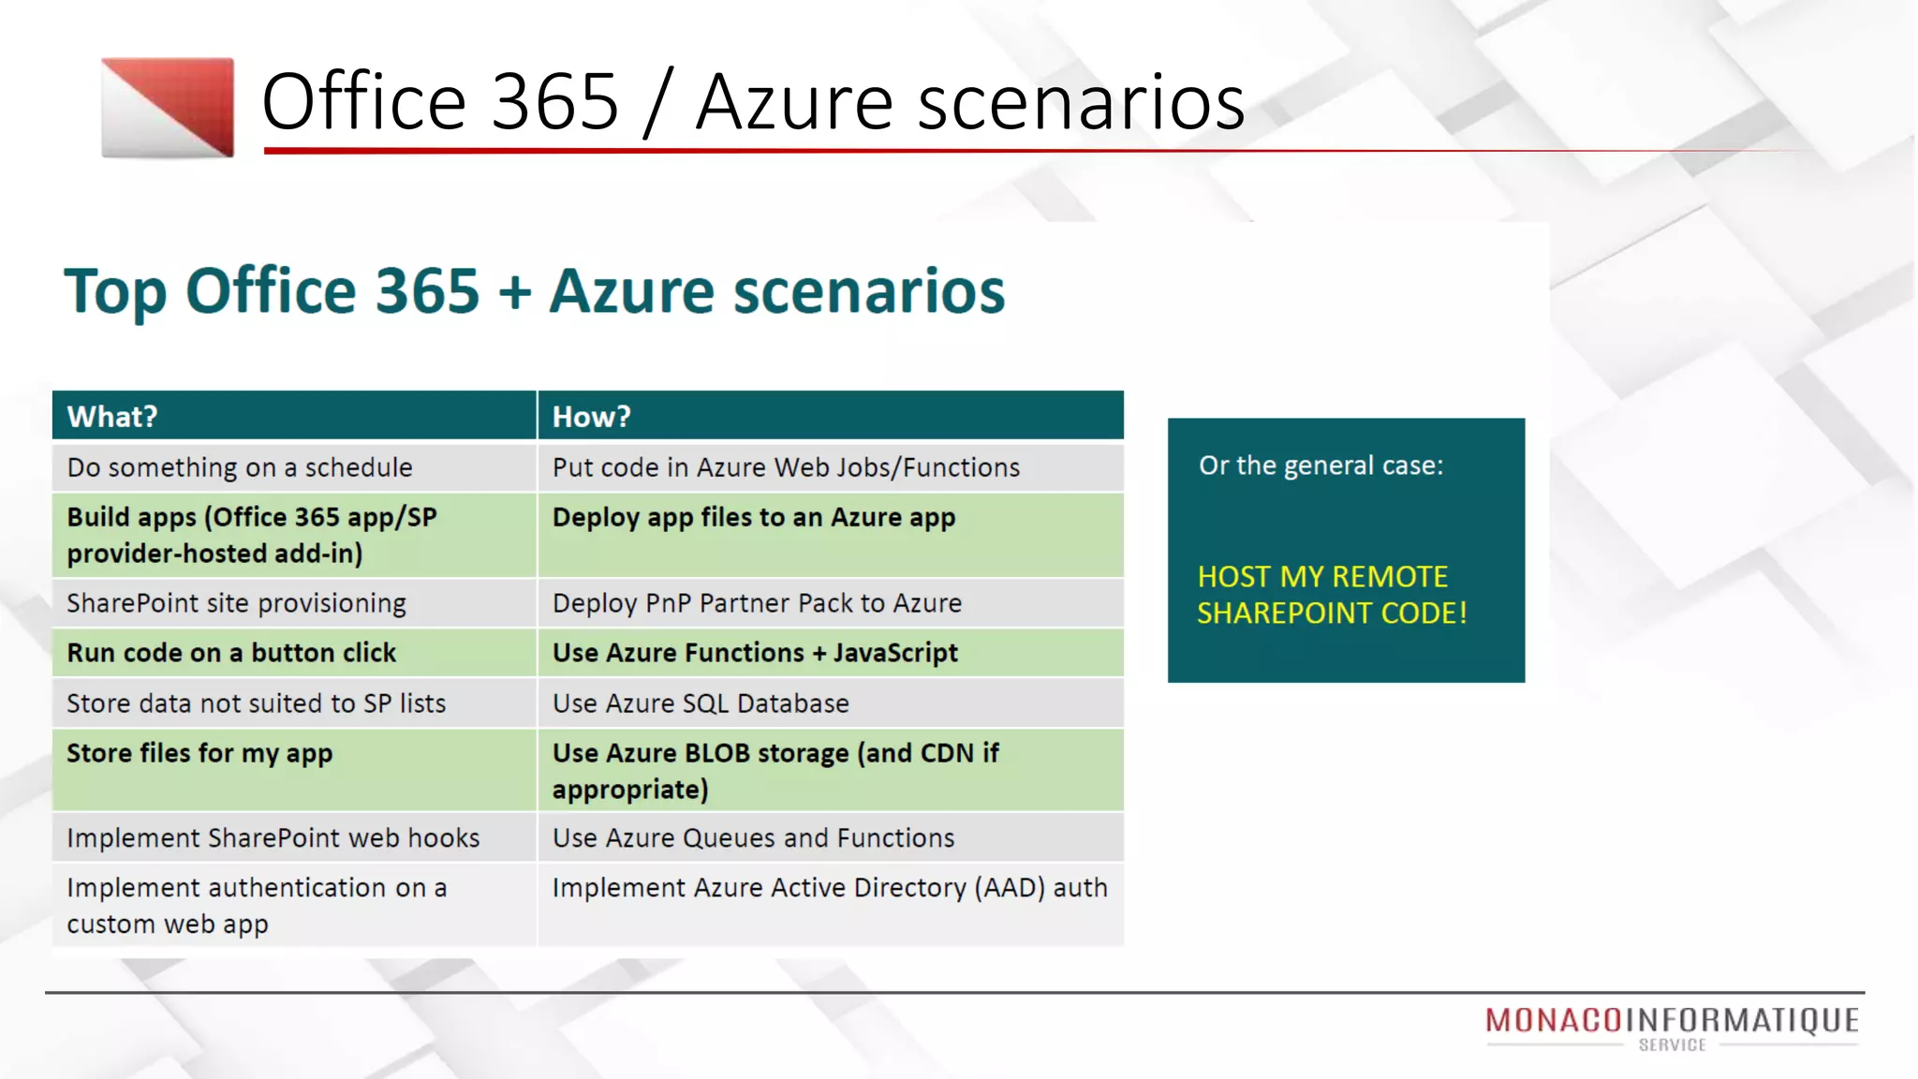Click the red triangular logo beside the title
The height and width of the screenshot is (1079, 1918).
point(169,107)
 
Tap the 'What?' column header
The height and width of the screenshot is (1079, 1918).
point(112,417)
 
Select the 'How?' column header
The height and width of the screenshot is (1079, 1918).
point(592,417)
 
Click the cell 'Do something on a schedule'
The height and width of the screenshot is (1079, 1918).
point(240,467)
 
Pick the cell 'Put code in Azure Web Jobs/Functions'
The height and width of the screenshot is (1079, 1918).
point(786,467)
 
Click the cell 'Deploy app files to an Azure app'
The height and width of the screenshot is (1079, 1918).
point(754,518)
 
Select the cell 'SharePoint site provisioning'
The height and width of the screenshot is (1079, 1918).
point(237,603)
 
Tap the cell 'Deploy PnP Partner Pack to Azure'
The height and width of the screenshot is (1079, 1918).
point(757,603)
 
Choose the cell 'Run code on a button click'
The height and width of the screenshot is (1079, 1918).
point(231,653)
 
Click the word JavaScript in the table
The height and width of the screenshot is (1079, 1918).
point(895,653)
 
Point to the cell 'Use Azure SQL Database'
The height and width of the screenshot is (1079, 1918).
point(701,703)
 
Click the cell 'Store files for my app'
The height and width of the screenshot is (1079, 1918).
point(199,754)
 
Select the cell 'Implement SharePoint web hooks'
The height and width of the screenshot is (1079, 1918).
point(273,838)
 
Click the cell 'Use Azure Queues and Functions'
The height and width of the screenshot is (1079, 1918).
point(753,838)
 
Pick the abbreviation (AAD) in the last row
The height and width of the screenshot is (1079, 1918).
point(1010,888)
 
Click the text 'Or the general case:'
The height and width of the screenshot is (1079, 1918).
point(1321,466)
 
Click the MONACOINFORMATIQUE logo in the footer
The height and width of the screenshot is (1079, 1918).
point(1673,1024)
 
